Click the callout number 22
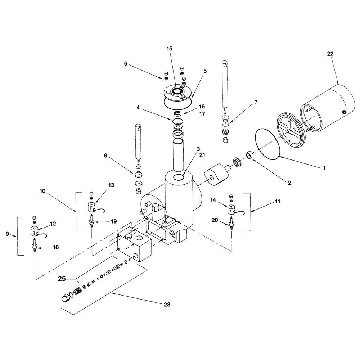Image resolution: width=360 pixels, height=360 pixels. click(330, 54)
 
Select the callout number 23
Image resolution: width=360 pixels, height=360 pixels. click(166, 304)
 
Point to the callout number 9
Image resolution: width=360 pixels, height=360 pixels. click(8, 234)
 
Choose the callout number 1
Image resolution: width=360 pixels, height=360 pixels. click(324, 167)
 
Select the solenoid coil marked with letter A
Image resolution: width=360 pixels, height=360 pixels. click(230, 210)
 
